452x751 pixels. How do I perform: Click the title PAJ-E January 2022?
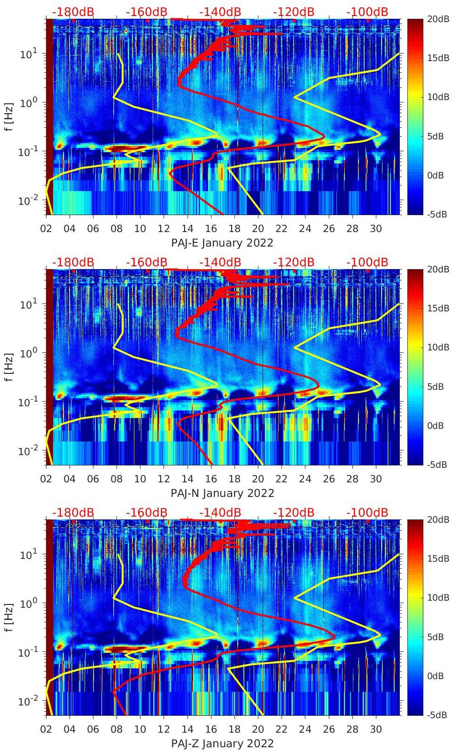point(222,243)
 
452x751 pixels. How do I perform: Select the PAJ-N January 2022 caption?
point(222,493)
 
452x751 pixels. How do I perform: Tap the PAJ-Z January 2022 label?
point(222,743)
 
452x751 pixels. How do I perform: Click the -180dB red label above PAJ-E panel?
point(73,12)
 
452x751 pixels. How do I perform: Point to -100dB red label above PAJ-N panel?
point(367,263)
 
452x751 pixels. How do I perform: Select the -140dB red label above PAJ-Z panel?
point(220,513)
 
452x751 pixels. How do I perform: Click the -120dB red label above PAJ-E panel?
point(294,12)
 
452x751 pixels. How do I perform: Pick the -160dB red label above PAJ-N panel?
point(147,263)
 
